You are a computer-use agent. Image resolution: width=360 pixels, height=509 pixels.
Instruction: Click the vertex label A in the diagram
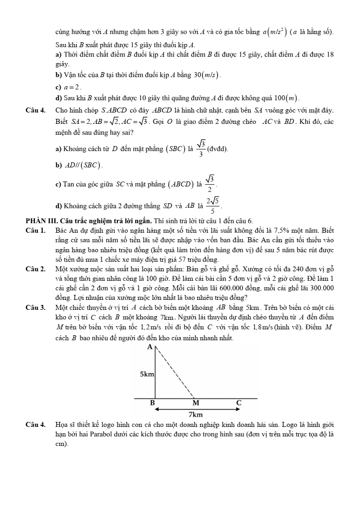150,347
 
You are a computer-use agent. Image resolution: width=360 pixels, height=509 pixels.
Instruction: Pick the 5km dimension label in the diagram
147,375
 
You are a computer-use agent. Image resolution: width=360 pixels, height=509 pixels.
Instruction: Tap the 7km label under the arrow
195,415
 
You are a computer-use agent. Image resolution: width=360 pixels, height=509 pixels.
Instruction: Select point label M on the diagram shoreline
196,403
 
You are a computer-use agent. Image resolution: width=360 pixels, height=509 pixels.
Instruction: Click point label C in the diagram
239,403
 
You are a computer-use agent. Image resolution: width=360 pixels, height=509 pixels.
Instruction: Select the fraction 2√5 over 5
213,206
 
